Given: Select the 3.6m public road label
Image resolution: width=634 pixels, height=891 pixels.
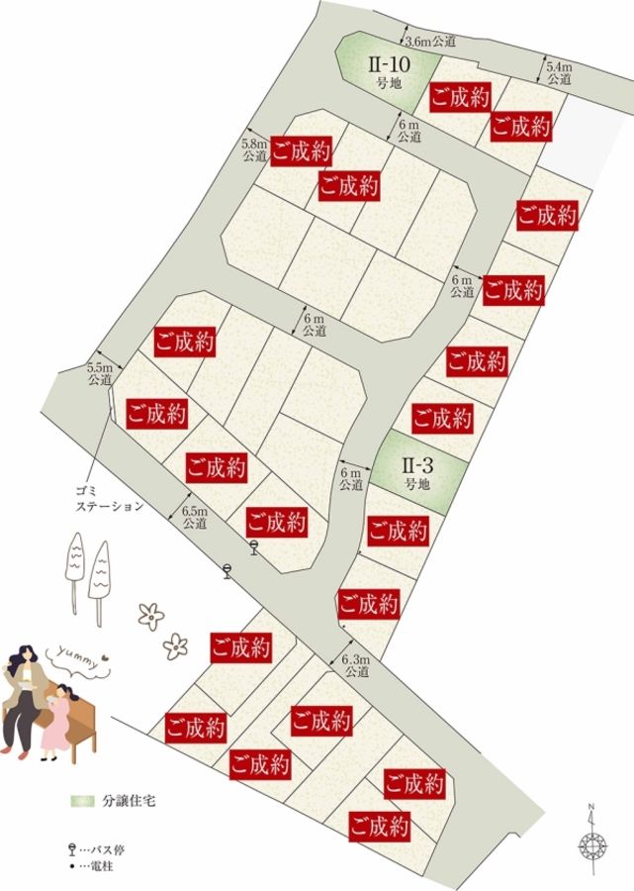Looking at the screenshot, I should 431,42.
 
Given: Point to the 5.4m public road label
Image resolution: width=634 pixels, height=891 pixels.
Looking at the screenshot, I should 559,72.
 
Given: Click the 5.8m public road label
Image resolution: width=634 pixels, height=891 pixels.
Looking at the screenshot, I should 254,149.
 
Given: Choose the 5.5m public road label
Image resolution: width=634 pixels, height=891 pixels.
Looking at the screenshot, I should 100,372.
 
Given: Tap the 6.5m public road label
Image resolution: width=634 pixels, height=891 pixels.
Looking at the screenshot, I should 195,517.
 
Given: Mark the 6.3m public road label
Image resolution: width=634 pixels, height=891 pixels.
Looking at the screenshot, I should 355,665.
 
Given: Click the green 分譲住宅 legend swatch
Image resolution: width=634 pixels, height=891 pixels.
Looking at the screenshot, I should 82,799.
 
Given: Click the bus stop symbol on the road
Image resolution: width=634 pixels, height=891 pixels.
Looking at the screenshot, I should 228,570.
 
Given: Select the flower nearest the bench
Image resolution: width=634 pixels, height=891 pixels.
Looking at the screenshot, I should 176,646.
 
